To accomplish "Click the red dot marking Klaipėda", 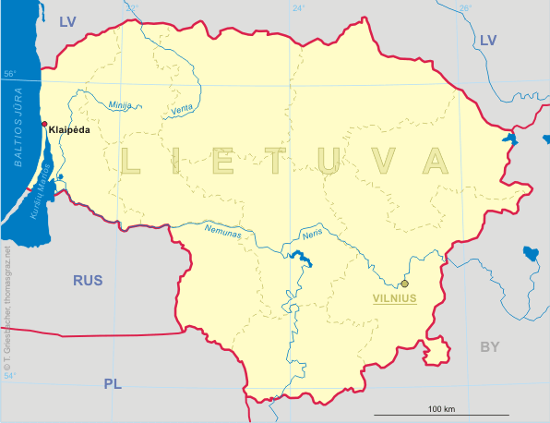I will (43, 124).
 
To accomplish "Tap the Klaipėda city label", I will (70, 130).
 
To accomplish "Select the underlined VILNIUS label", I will (395, 298).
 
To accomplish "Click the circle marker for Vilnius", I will (404, 284).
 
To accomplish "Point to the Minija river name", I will (121, 104).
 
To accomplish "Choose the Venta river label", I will (182, 111).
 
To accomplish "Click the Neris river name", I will (313, 236).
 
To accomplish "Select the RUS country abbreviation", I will (89, 280).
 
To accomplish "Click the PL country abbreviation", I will (113, 383).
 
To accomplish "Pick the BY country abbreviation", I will (489, 346).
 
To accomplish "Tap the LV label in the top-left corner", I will (67, 21).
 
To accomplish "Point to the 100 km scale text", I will (442, 408).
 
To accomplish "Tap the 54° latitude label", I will (9, 376).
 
